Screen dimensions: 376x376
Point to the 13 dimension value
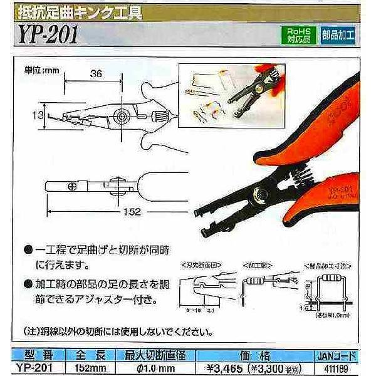[38, 114]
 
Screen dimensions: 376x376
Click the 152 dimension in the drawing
[130, 212]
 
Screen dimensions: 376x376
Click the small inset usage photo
[224, 99]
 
